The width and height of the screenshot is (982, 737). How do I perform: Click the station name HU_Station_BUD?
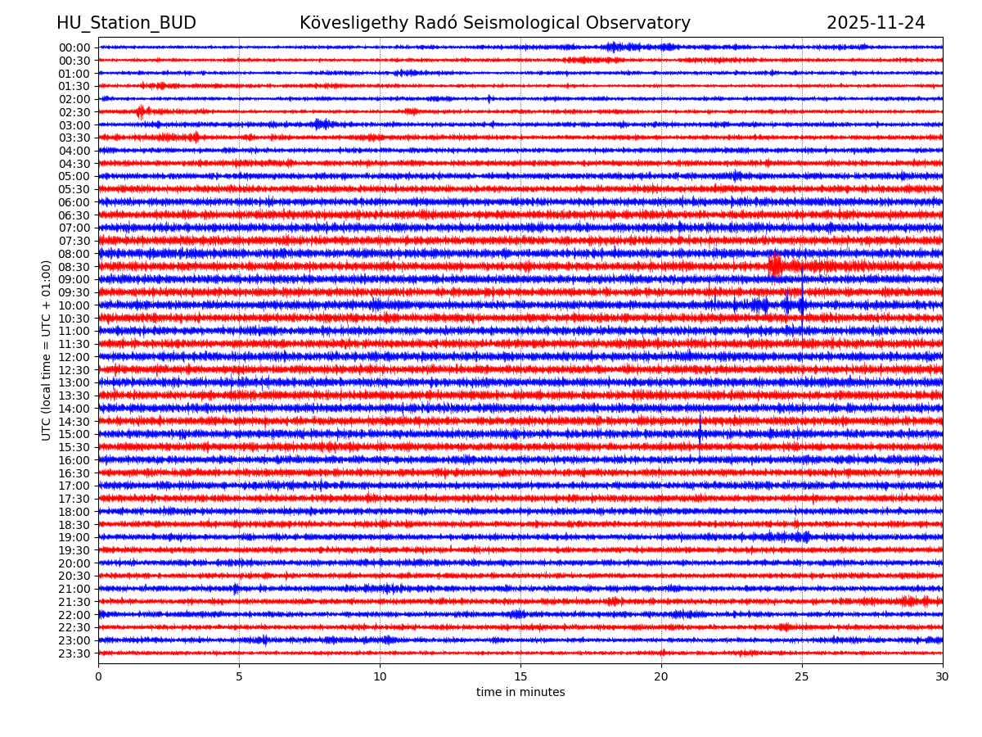126,23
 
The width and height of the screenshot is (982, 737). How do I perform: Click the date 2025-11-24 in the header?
876,23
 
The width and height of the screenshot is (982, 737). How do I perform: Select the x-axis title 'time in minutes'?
520,693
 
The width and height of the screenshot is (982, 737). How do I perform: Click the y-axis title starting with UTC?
47,350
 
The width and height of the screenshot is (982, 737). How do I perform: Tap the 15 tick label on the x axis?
520,676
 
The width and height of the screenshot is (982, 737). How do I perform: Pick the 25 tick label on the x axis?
802,676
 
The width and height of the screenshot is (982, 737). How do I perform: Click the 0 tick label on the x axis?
98,676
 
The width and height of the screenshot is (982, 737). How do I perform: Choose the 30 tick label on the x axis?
943,676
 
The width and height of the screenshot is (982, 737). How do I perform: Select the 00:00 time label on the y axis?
74,47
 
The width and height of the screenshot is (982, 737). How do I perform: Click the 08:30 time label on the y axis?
74,267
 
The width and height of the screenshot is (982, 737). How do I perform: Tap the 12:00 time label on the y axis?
74,357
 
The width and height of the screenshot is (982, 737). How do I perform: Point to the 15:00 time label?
74,434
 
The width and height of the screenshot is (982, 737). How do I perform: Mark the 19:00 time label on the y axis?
74,537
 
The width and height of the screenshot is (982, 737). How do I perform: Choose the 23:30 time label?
74,653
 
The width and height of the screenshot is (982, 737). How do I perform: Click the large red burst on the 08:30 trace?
775,265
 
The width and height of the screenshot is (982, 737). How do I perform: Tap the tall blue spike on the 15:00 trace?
700,430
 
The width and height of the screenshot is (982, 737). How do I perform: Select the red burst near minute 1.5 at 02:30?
142,111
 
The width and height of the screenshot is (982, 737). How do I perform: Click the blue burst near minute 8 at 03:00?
322,124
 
